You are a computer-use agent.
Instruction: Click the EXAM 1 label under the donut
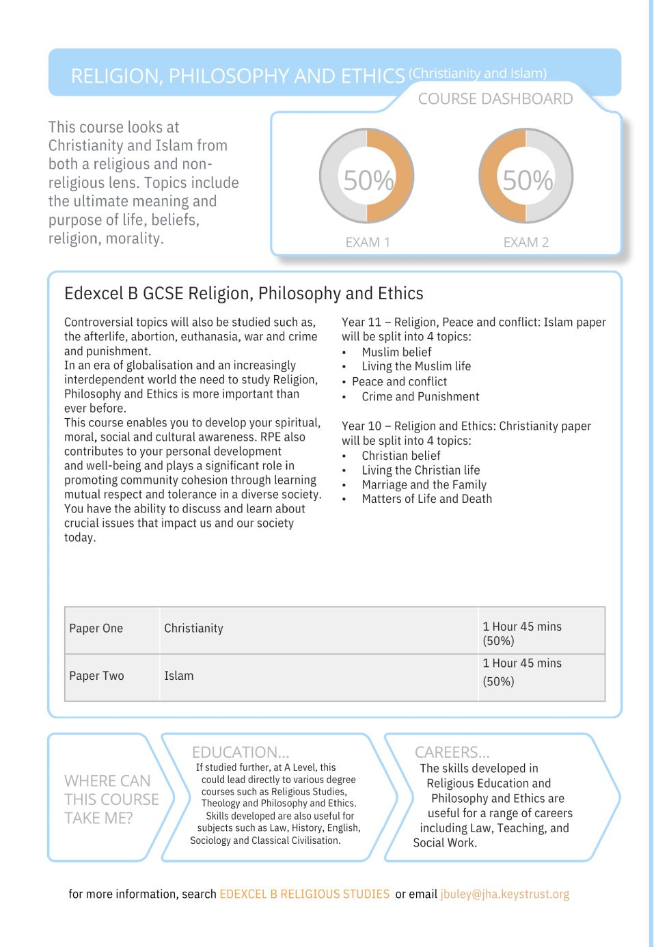pos(368,243)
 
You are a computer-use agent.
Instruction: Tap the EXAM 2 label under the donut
pos(525,243)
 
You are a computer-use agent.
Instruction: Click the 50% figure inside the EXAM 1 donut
pos(368,180)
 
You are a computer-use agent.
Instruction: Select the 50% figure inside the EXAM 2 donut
pos(527,180)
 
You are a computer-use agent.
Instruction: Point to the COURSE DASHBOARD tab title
pos(495,99)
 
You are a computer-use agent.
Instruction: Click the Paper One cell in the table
pos(96,629)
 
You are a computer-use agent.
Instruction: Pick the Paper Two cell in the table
pos(96,676)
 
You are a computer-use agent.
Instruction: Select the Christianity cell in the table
pos(193,629)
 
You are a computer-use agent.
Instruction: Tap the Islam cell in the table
pos(179,676)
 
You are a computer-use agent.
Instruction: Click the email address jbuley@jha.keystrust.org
pos(504,894)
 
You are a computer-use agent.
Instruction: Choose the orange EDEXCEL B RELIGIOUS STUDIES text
pos(304,894)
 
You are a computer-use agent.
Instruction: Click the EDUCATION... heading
pos(241,752)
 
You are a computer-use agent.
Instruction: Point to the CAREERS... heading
pos(452,752)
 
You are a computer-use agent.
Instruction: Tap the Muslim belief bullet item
pos(396,353)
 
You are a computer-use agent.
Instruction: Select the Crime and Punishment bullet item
pos(420,397)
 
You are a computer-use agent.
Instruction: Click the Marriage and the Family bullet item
pos(424,485)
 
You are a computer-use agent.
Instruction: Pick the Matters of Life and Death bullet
pos(426,499)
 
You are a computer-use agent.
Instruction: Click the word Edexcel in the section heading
pos(94,294)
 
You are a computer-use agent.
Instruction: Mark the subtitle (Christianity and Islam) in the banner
pos(478,73)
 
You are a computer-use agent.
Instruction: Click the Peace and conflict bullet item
pos(399,382)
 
